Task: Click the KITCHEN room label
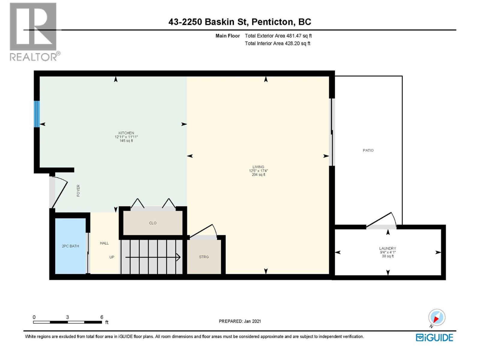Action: point(126,133)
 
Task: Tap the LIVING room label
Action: point(258,167)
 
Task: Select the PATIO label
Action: point(368,150)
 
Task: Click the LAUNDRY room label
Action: point(387,248)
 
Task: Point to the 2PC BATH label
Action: point(70,246)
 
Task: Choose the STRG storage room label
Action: point(204,257)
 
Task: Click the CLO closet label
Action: point(153,223)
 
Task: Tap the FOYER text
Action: point(78,190)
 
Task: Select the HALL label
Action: point(104,243)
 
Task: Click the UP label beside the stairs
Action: point(112,257)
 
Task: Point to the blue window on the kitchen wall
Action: point(37,114)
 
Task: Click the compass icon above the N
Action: point(436,317)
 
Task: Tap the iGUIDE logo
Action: point(434,337)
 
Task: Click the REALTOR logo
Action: point(34,31)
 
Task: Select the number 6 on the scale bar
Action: point(102,317)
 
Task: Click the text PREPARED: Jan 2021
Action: point(240,321)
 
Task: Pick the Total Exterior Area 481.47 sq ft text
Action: point(278,36)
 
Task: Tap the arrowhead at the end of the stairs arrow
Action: point(178,257)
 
